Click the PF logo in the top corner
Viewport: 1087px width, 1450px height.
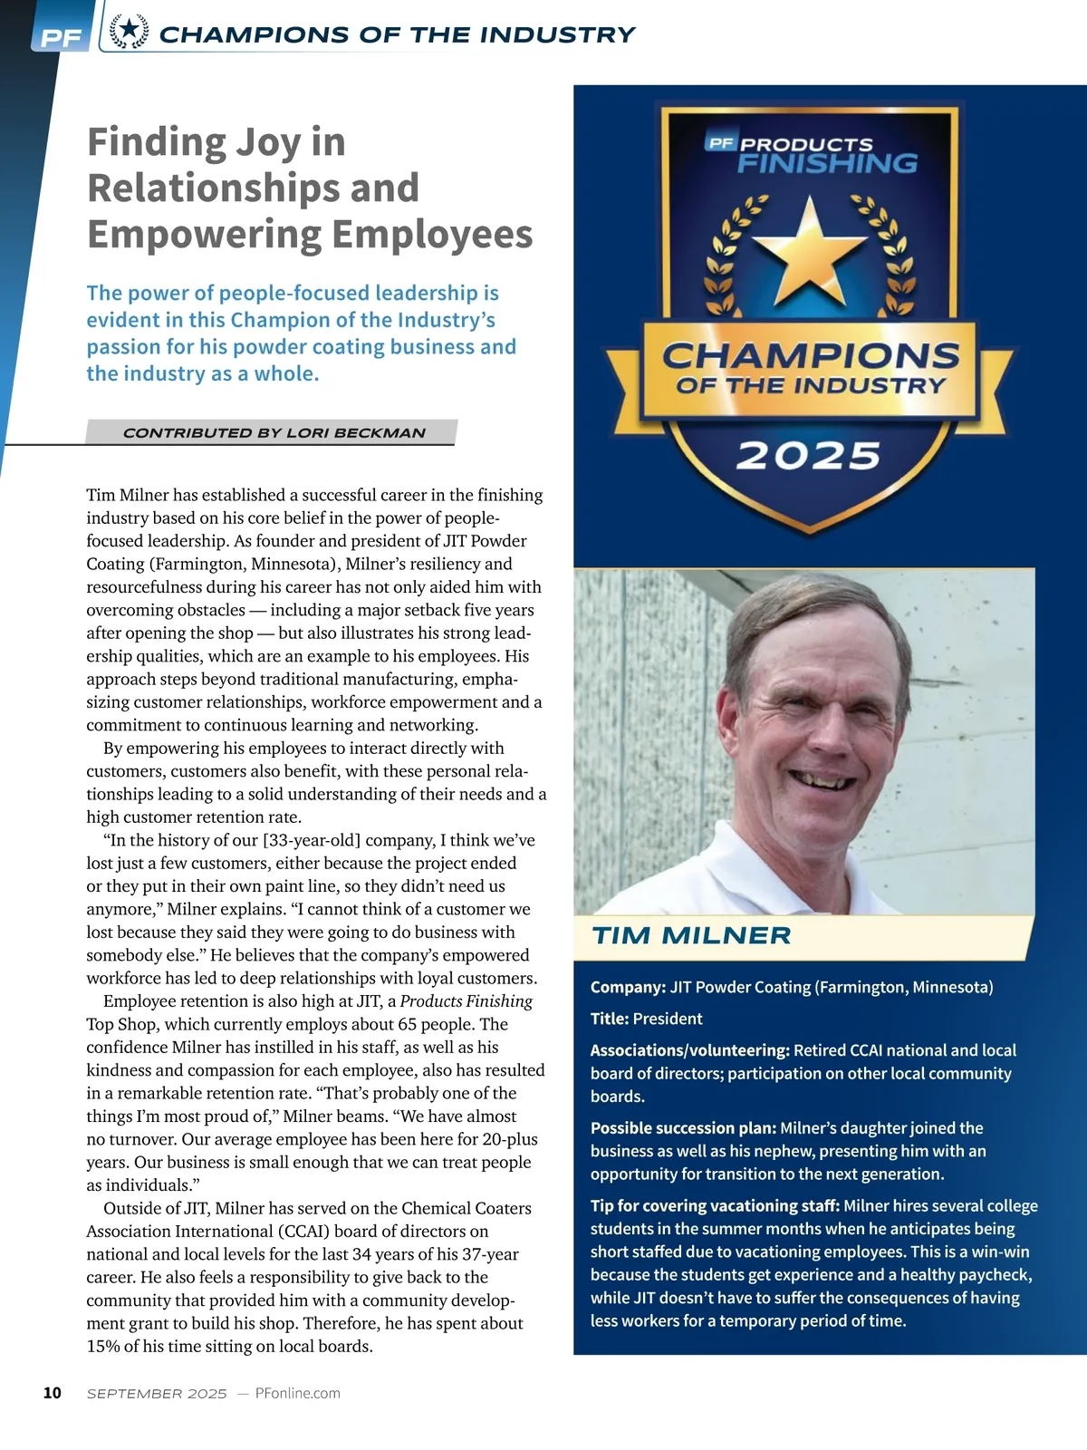coord(60,37)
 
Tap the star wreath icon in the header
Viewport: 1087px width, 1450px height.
coord(130,32)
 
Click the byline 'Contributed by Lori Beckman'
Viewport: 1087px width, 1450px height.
coord(274,433)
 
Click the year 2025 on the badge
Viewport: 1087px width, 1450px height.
coord(808,456)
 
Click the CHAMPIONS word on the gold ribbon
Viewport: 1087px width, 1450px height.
coord(811,355)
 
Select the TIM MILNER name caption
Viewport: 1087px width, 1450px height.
coord(691,936)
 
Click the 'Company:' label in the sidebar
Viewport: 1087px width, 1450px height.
coord(628,987)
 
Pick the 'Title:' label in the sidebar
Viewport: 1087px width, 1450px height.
coord(610,1019)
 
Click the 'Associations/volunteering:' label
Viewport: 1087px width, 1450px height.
coord(690,1050)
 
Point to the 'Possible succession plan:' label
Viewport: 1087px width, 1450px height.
coord(683,1128)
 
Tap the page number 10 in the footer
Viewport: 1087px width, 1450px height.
coord(53,1393)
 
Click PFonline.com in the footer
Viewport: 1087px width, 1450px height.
coord(298,1393)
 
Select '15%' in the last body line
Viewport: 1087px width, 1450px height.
coord(103,1346)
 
